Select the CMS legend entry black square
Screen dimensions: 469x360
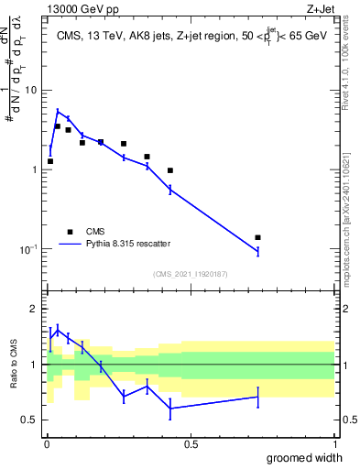coord(69,232)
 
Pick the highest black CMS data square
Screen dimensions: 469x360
coord(58,126)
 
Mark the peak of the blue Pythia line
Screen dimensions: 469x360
coord(58,111)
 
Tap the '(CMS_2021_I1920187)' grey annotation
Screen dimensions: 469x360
coord(190,273)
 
